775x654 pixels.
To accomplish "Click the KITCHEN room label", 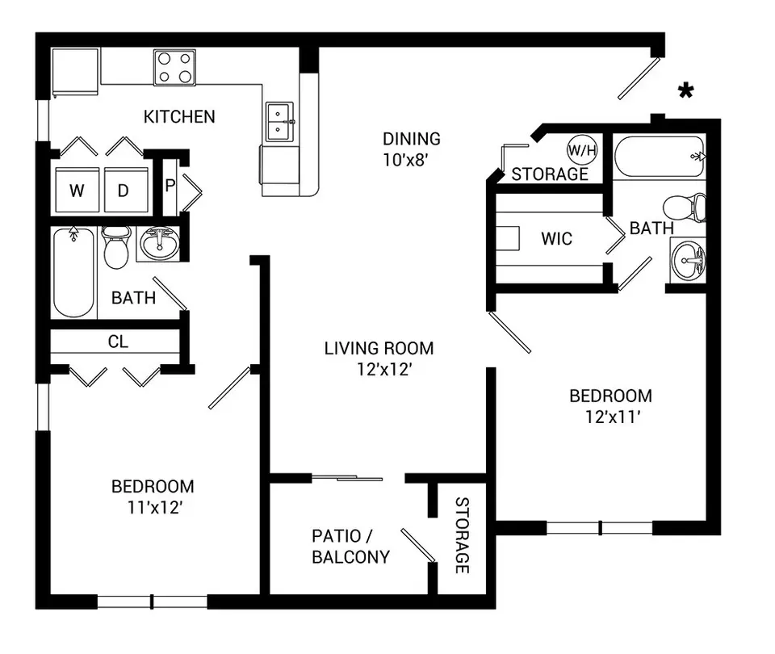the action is tap(179, 116).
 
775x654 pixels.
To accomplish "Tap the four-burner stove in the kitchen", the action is tap(174, 67).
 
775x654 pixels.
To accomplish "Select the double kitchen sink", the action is tap(280, 122).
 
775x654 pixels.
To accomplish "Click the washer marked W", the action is tap(77, 191).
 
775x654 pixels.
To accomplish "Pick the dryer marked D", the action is tap(126, 191).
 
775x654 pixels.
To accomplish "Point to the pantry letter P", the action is tap(170, 186).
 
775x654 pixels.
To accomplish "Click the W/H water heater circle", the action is tap(582, 150).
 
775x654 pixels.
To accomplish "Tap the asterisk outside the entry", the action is tap(685, 90).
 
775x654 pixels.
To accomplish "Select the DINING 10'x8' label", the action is tap(412, 149).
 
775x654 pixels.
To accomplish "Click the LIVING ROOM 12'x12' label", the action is tap(379, 358).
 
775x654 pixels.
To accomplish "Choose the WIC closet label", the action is tap(556, 239).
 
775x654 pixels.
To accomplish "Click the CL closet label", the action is tap(118, 342).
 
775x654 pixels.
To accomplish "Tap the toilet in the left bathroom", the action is tap(116, 247).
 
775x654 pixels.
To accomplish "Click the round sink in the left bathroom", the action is tap(160, 243).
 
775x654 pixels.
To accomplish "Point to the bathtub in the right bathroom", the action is tap(660, 156).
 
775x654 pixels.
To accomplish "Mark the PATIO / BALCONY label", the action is tap(351, 547).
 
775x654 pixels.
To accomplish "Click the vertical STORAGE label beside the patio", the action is tap(462, 535).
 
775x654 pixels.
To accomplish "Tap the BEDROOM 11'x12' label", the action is tap(153, 497).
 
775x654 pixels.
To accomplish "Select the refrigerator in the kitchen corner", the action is tap(76, 72).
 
